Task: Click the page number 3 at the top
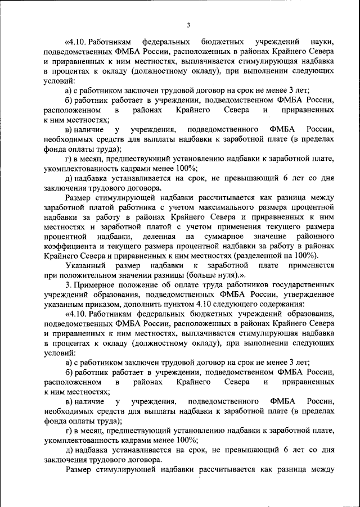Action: [x=189, y=25]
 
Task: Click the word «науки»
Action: [x=323, y=42]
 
